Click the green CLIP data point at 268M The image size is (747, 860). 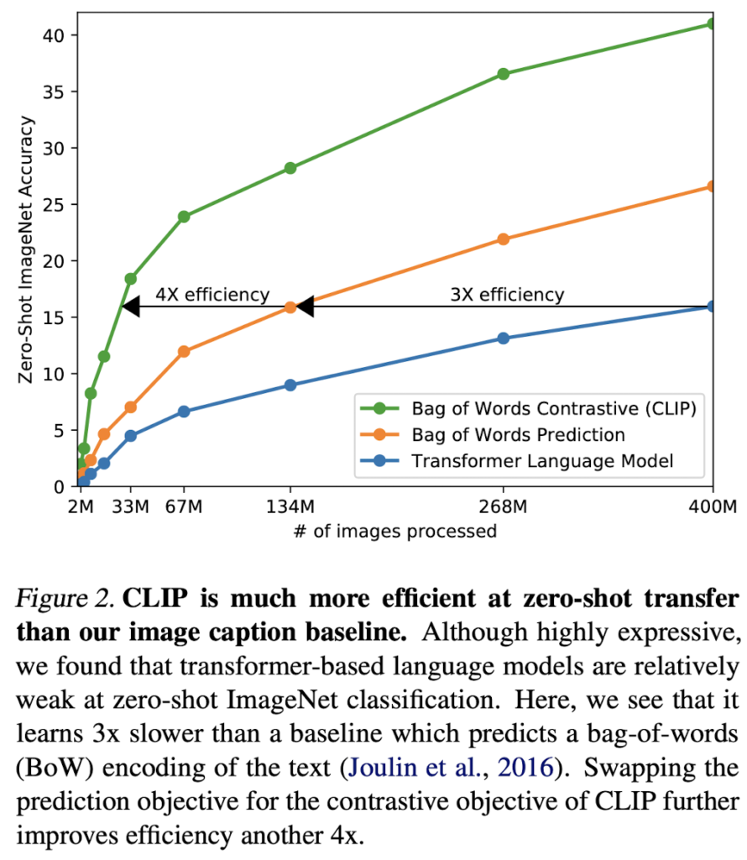point(504,74)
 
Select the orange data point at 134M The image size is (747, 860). point(290,307)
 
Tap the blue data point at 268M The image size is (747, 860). point(504,338)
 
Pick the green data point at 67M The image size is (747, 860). point(184,217)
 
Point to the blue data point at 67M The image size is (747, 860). point(184,412)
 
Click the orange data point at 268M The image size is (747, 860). point(504,239)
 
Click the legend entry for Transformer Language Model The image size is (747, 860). point(543,460)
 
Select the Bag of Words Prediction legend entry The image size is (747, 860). point(518,435)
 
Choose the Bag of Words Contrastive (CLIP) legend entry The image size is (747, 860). point(555,409)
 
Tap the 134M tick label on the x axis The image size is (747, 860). point(290,506)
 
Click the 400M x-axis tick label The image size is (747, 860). point(712,506)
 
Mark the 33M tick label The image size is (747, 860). point(131,506)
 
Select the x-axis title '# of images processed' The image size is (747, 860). point(394,532)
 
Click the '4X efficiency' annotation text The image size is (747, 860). point(212,295)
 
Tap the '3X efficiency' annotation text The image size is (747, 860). point(508,295)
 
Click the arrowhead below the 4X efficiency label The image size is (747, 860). point(131,307)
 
